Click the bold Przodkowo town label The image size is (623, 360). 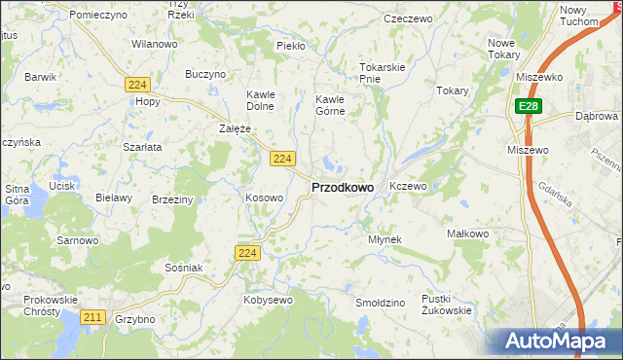342,187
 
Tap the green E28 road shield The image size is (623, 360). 528,107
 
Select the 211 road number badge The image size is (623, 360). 93,317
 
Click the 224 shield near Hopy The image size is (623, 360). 137,86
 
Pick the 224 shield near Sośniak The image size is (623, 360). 247,253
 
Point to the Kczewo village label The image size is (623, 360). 408,185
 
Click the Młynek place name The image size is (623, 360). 385,239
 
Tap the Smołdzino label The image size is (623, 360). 380,304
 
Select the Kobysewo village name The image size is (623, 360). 267,301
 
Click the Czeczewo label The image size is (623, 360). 408,18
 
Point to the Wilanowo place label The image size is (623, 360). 154,45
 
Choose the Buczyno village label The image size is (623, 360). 205,74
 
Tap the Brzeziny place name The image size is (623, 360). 172,198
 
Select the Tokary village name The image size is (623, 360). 453,90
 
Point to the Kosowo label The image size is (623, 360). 264,198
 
